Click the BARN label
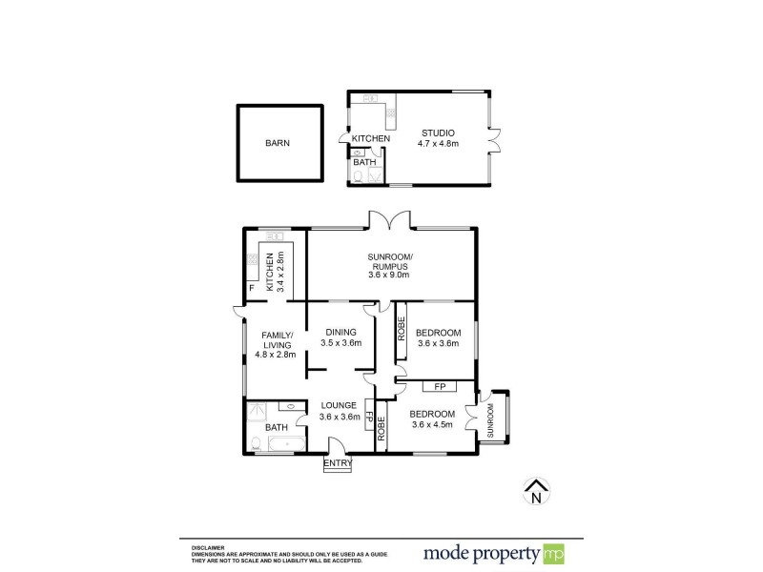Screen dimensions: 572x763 click(278, 143)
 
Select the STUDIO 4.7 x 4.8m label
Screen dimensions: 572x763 click(438, 138)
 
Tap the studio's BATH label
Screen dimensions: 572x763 click(364, 162)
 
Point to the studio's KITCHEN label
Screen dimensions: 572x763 click(371, 139)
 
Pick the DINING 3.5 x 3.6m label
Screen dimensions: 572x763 click(340, 337)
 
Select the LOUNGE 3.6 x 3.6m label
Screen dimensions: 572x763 click(339, 410)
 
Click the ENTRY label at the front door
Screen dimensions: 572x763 click(338, 463)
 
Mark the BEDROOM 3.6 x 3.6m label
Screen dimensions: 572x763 click(438, 338)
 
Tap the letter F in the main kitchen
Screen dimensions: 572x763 click(252, 287)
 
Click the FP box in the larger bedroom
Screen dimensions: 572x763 click(440, 386)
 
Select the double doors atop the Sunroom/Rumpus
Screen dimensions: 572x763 click(390, 220)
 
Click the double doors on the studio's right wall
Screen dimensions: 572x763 click(494, 139)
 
